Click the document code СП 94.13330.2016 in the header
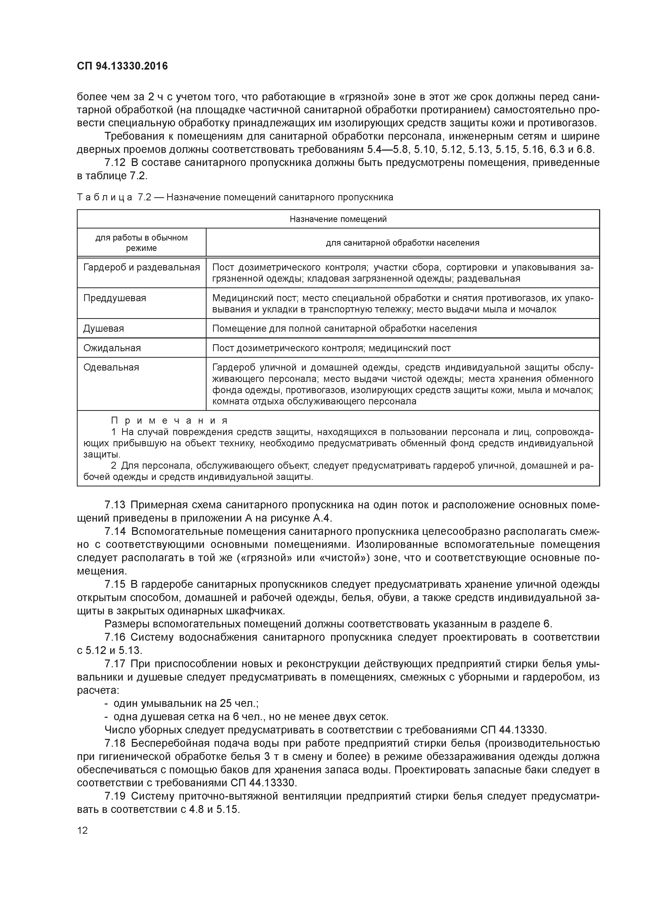click(x=122, y=66)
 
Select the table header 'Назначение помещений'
click(x=338, y=219)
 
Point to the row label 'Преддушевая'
click(x=115, y=298)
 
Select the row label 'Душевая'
click(x=103, y=328)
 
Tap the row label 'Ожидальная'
click(x=112, y=348)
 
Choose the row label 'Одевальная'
click(x=111, y=367)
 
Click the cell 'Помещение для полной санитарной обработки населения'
click(x=344, y=328)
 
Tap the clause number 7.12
click(x=115, y=162)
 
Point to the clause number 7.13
click(x=115, y=505)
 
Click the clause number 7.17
click(x=115, y=664)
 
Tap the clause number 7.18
click(x=115, y=743)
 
